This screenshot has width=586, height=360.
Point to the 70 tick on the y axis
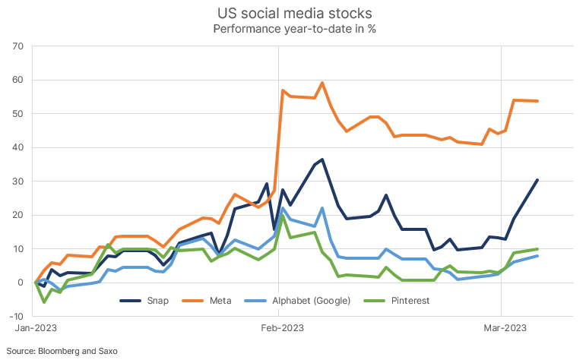point(19,46)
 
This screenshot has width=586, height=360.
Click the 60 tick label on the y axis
point(19,80)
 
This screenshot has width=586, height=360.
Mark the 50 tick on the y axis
point(19,114)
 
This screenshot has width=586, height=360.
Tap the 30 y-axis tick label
point(19,182)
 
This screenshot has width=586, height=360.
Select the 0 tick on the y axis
point(22,283)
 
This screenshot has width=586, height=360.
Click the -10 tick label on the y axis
point(17,316)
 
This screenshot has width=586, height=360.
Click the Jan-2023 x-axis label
point(36,329)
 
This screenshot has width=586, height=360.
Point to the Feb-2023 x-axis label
point(278,329)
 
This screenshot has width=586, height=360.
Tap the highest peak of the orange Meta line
point(322,83)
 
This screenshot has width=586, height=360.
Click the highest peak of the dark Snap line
point(322,159)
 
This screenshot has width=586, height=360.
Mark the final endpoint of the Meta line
point(537,101)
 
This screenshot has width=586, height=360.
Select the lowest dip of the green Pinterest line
point(44,302)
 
